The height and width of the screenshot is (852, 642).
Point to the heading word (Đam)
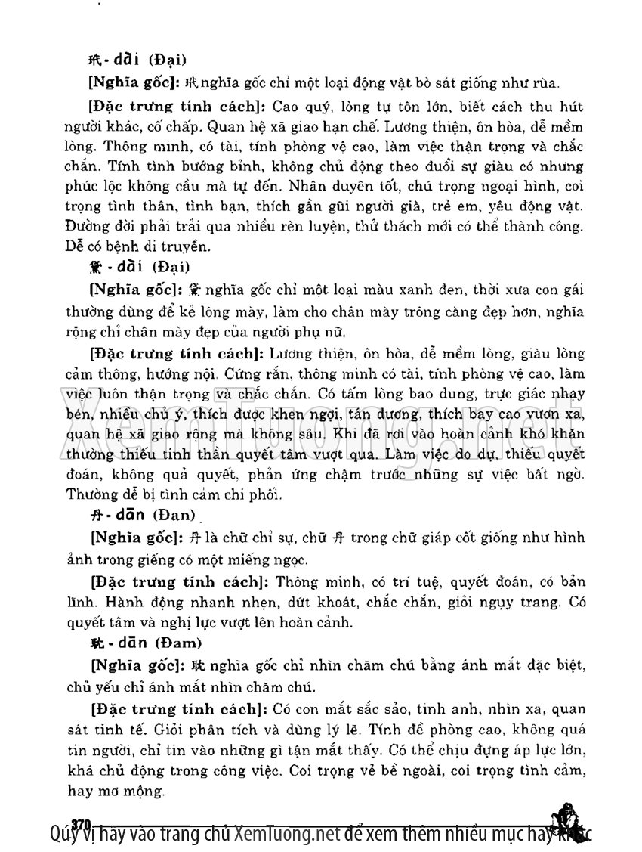click(x=177, y=643)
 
